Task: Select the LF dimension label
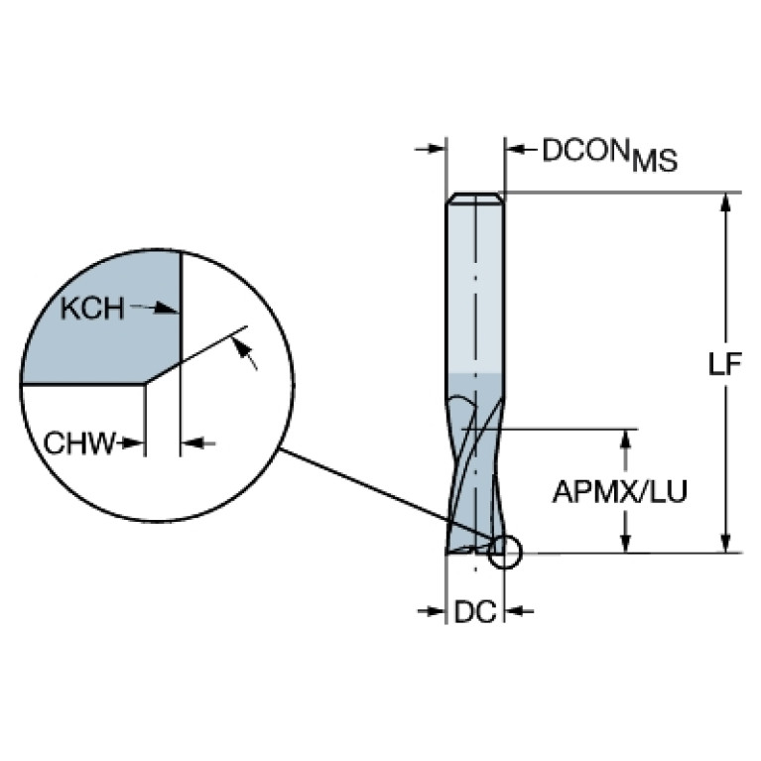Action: pos(726,364)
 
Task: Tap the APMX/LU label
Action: pos(619,491)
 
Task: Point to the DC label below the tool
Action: pos(474,613)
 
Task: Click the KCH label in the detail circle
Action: pos(91,310)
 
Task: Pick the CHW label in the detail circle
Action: pos(79,443)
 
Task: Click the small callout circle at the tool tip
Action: pos(504,551)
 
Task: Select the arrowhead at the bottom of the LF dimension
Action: pos(726,542)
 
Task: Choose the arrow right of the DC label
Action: pos(520,612)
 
